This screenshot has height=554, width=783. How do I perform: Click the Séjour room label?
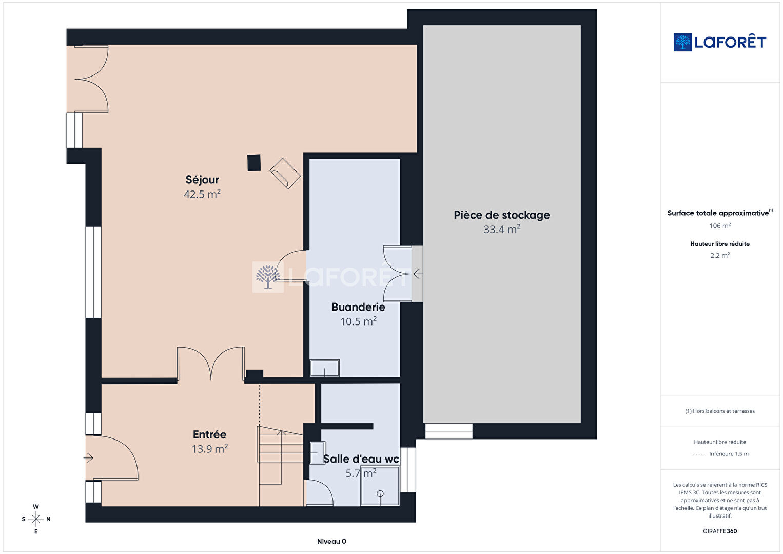202,180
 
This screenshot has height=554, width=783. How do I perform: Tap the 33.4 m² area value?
502,230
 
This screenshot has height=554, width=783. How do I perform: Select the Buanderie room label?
358,307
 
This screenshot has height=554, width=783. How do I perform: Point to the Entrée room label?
210,434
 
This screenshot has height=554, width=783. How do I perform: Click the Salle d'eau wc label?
361,459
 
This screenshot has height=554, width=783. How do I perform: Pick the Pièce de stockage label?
502,215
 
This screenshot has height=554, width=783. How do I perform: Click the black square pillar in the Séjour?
254,163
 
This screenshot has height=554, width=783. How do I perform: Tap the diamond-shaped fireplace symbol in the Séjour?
285,174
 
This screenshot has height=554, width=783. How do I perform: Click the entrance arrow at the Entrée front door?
88,457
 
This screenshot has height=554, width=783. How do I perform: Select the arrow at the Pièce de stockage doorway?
418,274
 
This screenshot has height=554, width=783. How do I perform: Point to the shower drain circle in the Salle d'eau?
380,494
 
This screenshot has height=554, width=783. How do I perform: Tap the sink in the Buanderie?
325,368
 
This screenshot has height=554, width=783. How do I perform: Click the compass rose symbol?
36,519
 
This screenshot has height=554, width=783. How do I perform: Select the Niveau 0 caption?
331,541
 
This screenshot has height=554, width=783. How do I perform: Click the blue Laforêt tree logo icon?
682,42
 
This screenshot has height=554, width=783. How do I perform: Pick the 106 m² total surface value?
720,226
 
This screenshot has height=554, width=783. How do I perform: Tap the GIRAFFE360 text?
720,531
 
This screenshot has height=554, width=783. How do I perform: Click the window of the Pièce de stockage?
449,431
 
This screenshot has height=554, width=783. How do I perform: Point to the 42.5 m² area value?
202,194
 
